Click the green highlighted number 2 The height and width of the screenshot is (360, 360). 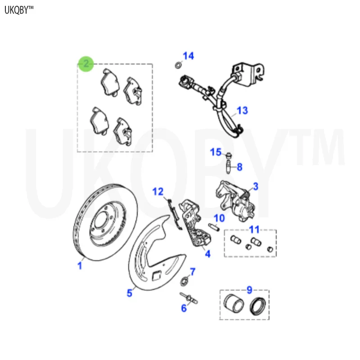tap(85, 64)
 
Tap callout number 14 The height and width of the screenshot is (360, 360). tap(188, 56)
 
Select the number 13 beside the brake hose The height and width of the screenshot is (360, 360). tap(242, 110)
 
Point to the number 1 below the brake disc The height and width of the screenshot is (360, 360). tap(80, 266)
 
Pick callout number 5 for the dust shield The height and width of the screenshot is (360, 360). tap(129, 293)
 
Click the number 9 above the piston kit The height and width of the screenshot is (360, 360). tap(249, 290)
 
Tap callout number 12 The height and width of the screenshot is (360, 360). tap(157, 192)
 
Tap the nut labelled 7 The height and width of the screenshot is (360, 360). tap(184, 282)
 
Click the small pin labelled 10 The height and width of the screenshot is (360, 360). tap(214, 226)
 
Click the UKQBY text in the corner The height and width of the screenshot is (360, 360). tap(19, 10)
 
